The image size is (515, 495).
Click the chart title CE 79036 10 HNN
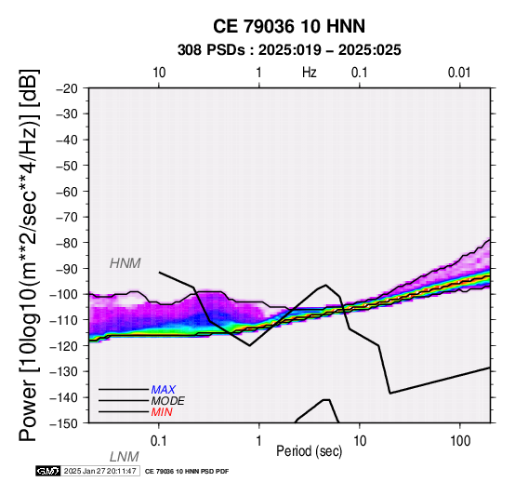[289, 26]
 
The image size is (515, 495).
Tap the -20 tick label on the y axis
[67, 88]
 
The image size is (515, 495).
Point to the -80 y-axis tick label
[67, 243]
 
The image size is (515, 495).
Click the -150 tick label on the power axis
[64, 423]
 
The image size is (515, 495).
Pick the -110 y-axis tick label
[64, 320]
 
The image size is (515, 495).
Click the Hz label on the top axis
[310, 73]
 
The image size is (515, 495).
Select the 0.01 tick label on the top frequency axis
[459, 73]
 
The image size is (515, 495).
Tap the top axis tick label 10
[159, 73]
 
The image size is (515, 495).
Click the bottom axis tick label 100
[460, 441]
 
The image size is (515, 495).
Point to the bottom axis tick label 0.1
[159, 441]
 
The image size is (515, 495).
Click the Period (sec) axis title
[310, 451]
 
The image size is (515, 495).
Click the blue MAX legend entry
[164, 390]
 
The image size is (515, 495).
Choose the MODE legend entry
[168, 401]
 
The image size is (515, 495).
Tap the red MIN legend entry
[162, 412]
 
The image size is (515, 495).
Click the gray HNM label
[125, 263]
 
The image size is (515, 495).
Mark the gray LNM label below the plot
[125, 457]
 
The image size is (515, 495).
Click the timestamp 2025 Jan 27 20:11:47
[100, 471]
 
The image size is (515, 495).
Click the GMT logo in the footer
[48, 471]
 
